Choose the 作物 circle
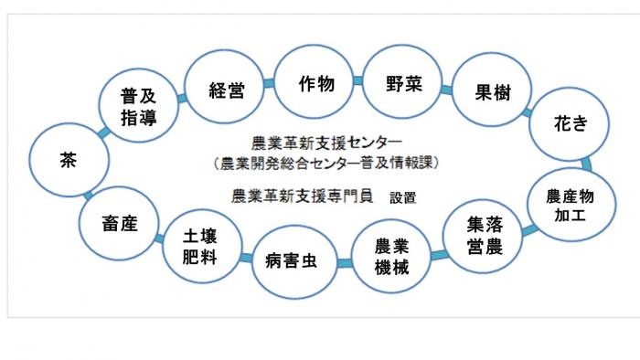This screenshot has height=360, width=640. [x=315, y=84]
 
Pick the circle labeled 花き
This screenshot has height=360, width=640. [x=571, y=124]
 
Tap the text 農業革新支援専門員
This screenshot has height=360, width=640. [x=303, y=196]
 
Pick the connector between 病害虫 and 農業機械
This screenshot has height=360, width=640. [x=343, y=264]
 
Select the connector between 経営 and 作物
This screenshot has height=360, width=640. [x=271, y=84]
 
